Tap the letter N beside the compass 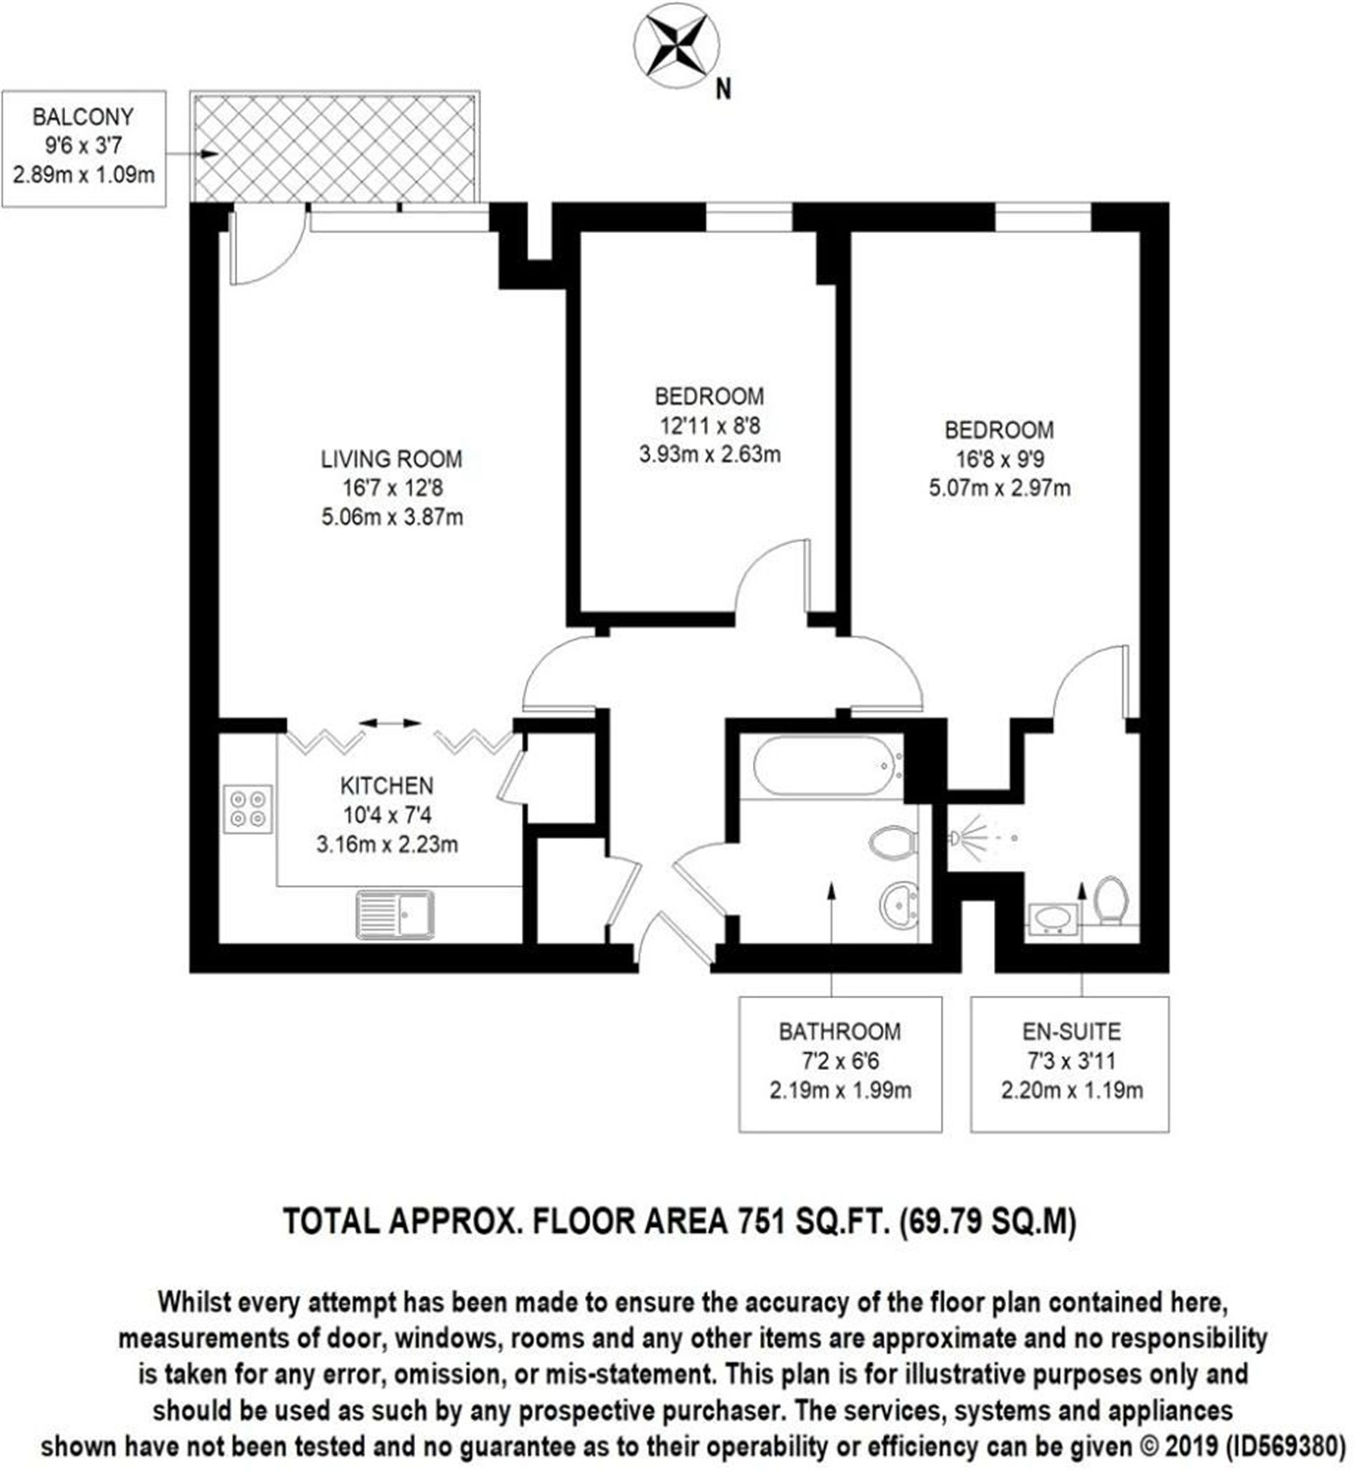pyautogui.click(x=724, y=89)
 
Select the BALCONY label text pyautogui.click(x=83, y=117)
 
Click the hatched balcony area pyautogui.click(x=335, y=147)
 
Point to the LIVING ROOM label pyautogui.click(x=392, y=460)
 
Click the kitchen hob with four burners pyautogui.click(x=248, y=809)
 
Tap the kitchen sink pyautogui.click(x=395, y=915)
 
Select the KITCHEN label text pyautogui.click(x=387, y=786)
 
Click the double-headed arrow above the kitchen pyautogui.click(x=390, y=724)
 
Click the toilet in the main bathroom pyautogui.click(x=892, y=843)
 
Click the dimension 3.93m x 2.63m pyautogui.click(x=709, y=454)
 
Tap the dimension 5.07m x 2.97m pyautogui.click(x=1000, y=488)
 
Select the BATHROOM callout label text pyautogui.click(x=840, y=1032)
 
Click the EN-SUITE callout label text pyautogui.click(x=1071, y=1032)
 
